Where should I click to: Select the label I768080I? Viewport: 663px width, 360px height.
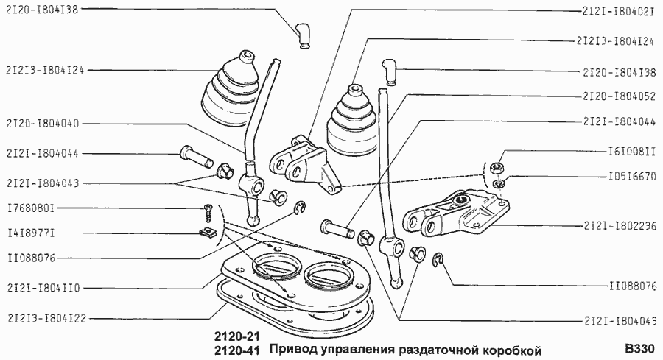[29, 208]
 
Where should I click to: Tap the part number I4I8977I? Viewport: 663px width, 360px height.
[29, 233]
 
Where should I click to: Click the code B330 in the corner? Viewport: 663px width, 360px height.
[639, 348]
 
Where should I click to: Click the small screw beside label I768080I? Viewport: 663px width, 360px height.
[206, 213]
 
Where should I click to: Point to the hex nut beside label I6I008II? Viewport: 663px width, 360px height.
[498, 167]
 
